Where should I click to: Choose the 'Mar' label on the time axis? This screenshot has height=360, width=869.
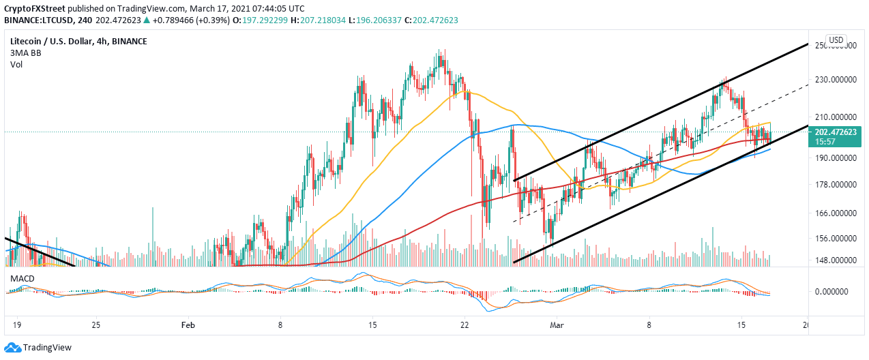point(557,326)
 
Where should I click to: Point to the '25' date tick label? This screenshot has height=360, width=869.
point(95,326)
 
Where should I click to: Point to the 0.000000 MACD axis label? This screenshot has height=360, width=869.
point(836,292)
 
